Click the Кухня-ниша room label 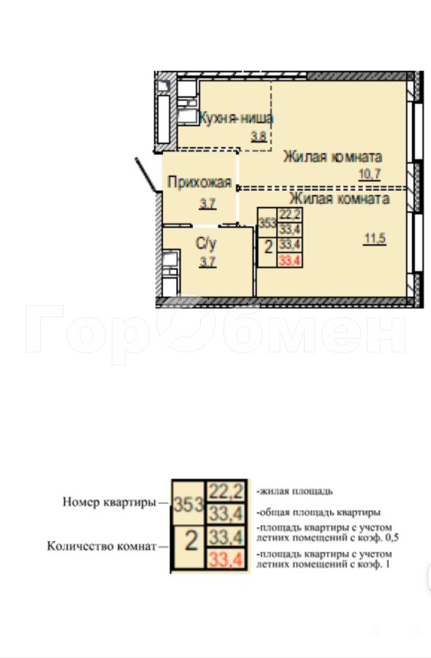click(236, 118)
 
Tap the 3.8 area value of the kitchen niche click(259, 137)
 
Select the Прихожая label click(199, 182)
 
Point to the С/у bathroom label click(206, 243)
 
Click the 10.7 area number click(370, 174)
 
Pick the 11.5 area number click(375, 239)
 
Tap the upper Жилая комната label click(332, 157)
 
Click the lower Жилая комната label click(340, 198)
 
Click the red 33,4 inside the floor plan click(290, 261)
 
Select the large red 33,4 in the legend click(226, 559)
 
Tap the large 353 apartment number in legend click(188, 504)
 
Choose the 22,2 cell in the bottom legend click(226, 491)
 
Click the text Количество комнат click(102, 546)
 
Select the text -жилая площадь click(294, 491)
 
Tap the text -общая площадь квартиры click(319, 513)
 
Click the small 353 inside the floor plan click(267, 222)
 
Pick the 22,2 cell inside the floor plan click(290, 214)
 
